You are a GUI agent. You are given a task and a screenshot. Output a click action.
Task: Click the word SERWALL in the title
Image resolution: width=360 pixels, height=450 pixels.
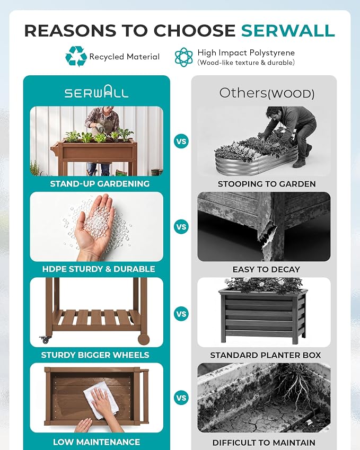pyautogui.click(x=288, y=30)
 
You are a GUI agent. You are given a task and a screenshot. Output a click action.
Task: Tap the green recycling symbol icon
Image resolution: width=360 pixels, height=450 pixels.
pyautogui.click(x=76, y=56)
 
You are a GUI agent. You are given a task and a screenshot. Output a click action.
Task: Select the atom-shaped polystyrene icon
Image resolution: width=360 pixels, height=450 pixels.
pyautogui.click(x=184, y=57)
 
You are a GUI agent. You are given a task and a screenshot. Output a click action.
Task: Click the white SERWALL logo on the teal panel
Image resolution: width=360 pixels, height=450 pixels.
pyautogui.click(x=96, y=92)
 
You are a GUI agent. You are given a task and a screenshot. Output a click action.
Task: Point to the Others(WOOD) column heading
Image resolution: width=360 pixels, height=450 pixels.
pyautogui.click(x=267, y=93)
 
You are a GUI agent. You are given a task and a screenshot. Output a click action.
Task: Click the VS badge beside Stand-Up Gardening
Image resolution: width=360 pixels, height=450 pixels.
pyautogui.click(x=181, y=141)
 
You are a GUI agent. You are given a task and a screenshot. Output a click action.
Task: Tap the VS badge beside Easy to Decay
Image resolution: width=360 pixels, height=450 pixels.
pyautogui.click(x=181, y=227)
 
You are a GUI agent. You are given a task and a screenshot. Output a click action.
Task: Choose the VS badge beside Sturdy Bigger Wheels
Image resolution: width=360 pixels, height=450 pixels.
pyautogui.click(x=181, y=314)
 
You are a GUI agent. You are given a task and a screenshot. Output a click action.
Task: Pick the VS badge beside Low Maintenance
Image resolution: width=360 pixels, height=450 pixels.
pyautogui.click(x=181, y=398)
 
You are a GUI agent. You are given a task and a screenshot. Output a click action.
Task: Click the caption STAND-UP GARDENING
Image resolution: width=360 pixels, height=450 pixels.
pyautogui.click(x=100, y=184)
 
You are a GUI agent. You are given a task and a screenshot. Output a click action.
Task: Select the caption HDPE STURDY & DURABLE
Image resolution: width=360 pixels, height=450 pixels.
pyautogui.click(x=99, y=269)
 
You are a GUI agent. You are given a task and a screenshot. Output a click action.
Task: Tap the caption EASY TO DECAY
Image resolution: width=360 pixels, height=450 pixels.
pyautogui.click(x=266, y=269)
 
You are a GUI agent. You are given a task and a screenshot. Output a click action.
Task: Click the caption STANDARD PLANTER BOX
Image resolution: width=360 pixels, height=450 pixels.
pyautogui.click(x=265, y=355)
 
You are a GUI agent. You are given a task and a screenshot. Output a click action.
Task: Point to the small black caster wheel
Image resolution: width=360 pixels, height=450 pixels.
pyautogui.click(x=46, y=340)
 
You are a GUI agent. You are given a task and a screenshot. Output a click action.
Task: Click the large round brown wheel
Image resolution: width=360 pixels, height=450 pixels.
pyautogui.click(x=144, y=339)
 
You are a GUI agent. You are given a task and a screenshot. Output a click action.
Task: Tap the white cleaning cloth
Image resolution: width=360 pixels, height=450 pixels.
pyautogui.click(x=101, y=400)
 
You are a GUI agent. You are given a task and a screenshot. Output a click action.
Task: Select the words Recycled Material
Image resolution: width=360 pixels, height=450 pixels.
pyautogui.click(x=124, y=57)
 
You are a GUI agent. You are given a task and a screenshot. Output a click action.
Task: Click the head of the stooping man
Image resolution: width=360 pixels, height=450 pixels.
pyautogui.click(x=273, y=112)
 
